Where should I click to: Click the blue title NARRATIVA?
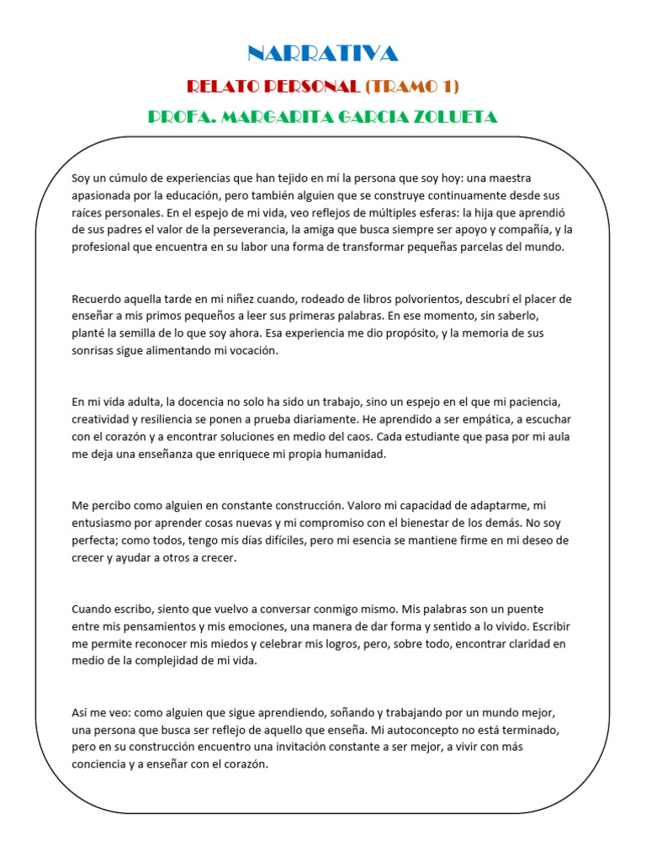322,54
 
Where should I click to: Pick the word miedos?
223,643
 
